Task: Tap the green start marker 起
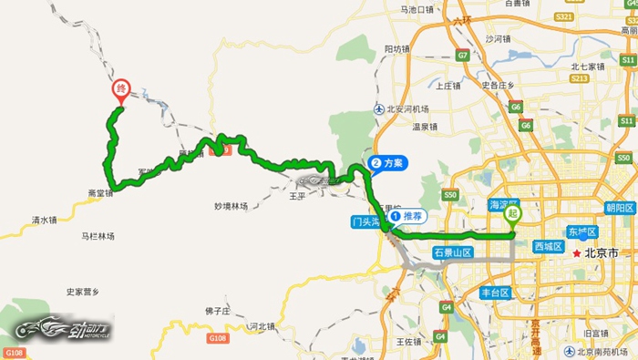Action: coord(515,215)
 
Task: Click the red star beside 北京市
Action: coord(576,252)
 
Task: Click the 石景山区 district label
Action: coord(452,252)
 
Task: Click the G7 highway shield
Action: coord(463,56)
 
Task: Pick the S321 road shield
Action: coord(565,16)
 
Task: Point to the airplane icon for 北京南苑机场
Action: coord(569,351)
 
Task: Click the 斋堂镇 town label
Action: coord(100,193)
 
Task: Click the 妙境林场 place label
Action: coord(231,206)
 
